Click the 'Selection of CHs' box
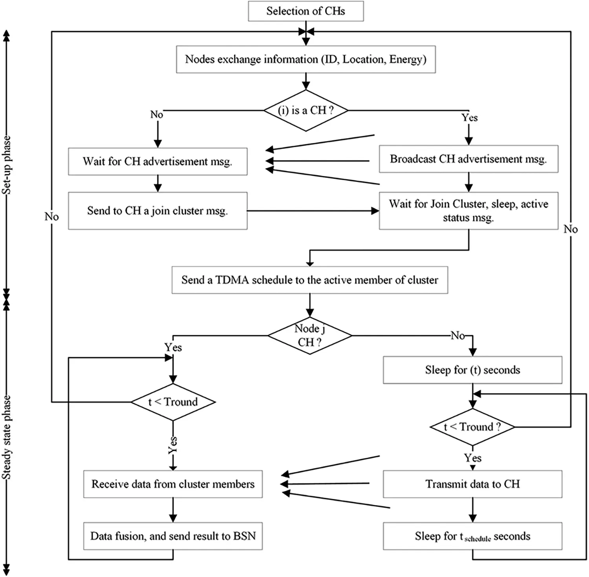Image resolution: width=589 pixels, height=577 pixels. coord(305,11)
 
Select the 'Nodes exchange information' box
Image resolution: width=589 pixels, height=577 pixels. coord(305,59)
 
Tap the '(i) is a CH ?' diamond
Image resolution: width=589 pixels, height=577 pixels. coord(305,110)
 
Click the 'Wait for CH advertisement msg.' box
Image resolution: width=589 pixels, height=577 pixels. coord(157,161)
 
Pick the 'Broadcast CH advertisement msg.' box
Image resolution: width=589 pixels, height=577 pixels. coord(468,159)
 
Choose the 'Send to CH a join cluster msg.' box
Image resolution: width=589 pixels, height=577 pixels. coord(157,211)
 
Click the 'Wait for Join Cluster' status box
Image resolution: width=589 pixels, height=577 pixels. coord(468,211)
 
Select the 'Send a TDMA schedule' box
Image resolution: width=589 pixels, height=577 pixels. coord(309,280)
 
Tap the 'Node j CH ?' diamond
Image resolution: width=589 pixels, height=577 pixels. coord(309,336)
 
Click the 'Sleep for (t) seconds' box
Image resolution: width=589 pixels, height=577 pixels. coord(472,370)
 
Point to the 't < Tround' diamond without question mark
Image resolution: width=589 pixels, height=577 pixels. coord(173,402)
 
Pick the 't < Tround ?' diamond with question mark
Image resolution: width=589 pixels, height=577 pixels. coord(472,427)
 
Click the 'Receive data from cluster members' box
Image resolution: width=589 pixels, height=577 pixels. coord(173,484)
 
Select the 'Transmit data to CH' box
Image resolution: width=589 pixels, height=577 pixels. coord(472,484)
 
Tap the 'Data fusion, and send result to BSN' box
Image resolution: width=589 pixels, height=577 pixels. coord(173,536)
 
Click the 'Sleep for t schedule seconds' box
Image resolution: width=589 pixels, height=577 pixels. coord(472,536)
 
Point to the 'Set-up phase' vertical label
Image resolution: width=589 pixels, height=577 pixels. coord(7,165)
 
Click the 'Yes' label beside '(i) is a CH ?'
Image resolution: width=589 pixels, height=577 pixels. coord(469,117)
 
